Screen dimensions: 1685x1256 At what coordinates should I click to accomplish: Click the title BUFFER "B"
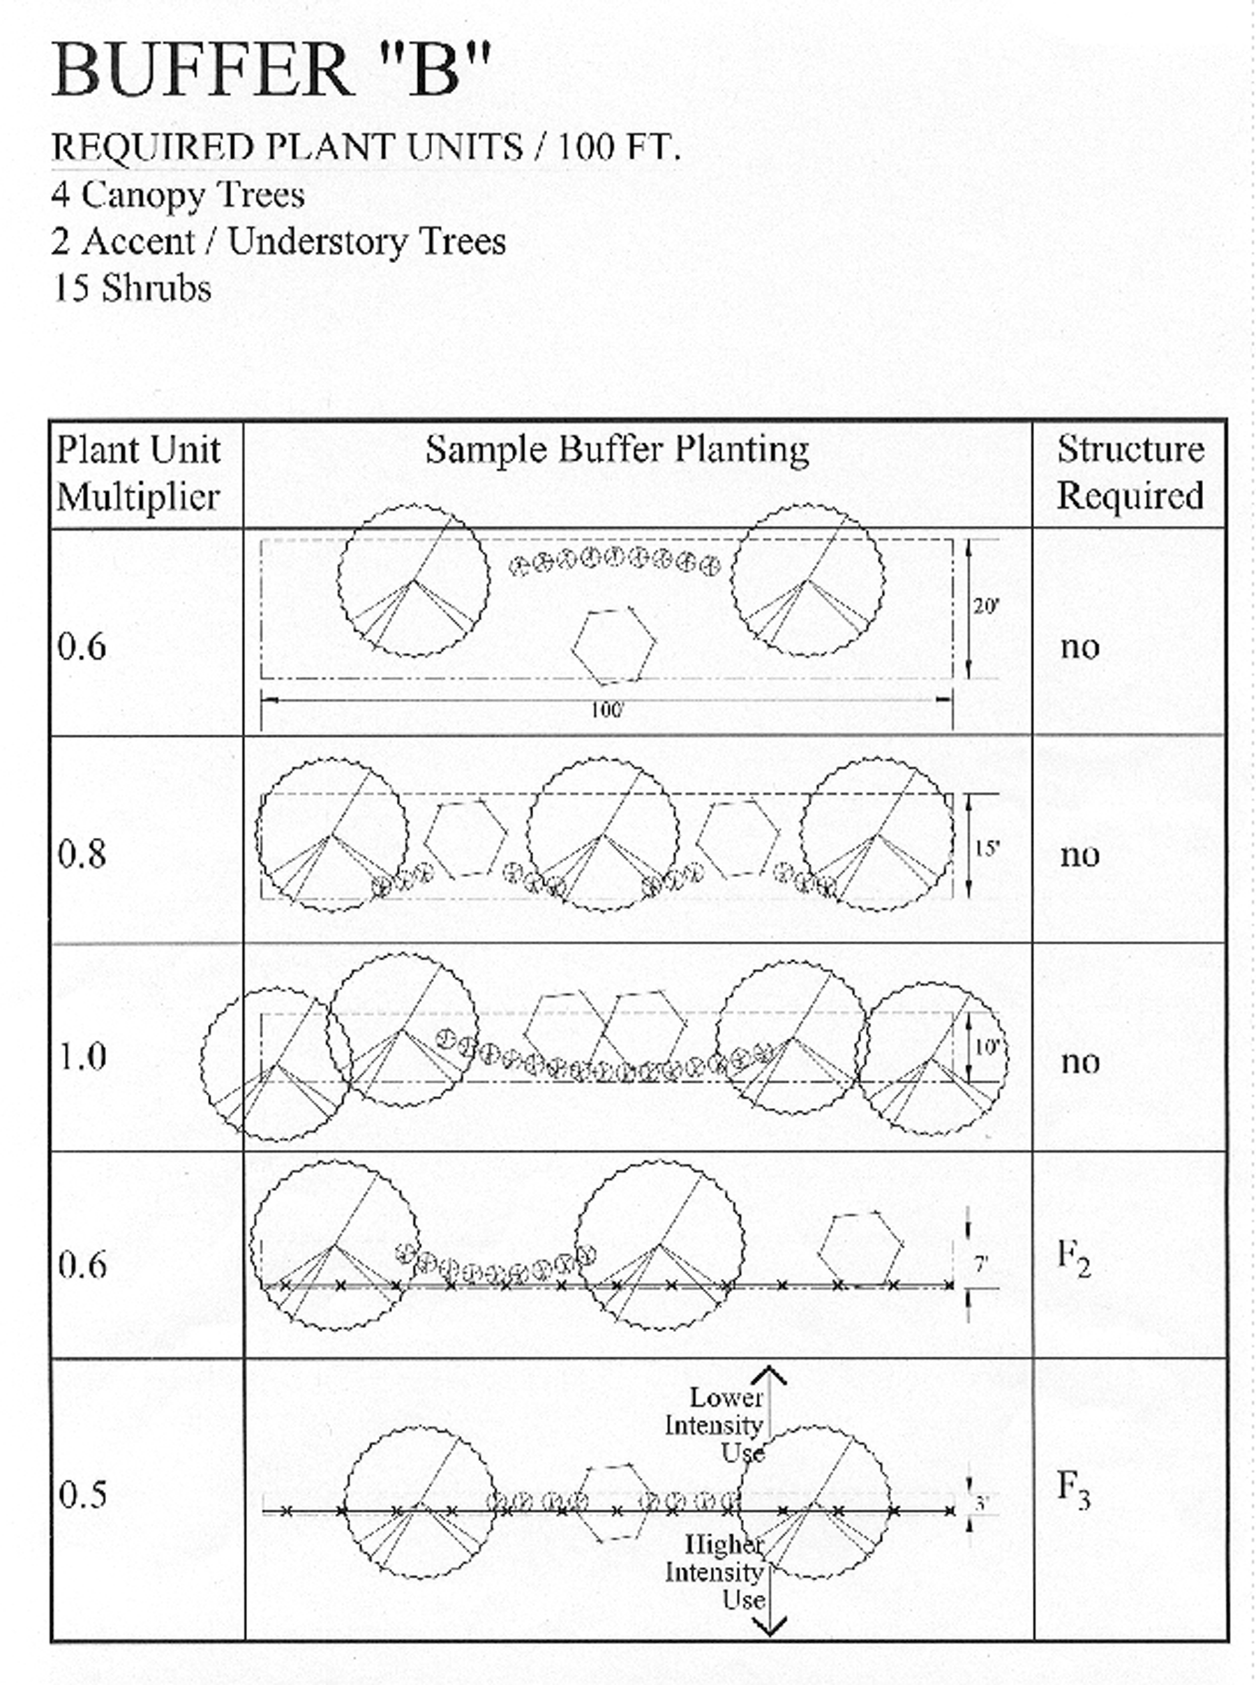pyautogui.click(x=271, y=70)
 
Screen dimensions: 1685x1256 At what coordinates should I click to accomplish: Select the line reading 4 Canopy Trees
pyautogui.click(x=178, y=195)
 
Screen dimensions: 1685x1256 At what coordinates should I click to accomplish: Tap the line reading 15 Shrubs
pyautogui.click(x=131, y=289)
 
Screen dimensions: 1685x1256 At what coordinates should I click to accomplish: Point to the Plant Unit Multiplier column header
pyautogui.click(x=138, y=474)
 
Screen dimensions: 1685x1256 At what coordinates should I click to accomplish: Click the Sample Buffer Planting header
pyautogui.click(x=617, y=449)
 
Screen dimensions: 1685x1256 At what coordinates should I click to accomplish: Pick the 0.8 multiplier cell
pyautogui.click(x=82, y=853)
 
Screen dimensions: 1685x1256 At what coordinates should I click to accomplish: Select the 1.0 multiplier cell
pyautogui.click(x=82, y=1056)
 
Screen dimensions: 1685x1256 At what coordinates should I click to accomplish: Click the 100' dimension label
pyautogui.click(x=606, y=710)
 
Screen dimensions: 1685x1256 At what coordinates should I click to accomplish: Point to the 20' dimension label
pyautogui.click(x=985, y=606)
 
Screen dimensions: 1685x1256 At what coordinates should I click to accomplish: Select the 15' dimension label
pyautogui.click(x=985, y=848)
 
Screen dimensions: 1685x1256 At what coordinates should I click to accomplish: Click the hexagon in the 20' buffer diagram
pyautogui.click(x=613, y=645)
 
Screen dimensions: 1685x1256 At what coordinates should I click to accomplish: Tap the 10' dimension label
pyautogui.click(x=985, y=1047)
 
